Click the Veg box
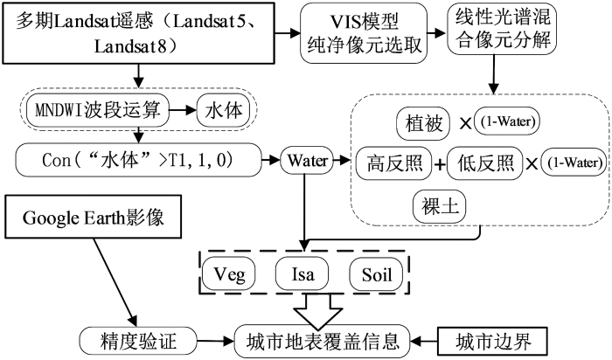(229, 274)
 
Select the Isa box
(303, 274)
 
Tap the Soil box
(376, 274)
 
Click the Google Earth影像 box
(94, 218)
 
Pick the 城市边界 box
(493, 342)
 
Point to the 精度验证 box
(138, 342)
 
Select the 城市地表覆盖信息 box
(323, 342)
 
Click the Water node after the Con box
(307, 160)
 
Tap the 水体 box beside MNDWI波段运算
(223, 110)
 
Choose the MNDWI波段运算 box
(98, 110)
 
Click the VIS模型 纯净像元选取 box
(364, 33)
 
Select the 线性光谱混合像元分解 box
(502, 28)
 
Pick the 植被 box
(423, 123)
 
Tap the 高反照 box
(394, 163)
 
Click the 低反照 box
(484, 163)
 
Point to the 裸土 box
(440, 206)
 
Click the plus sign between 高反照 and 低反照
(440, 164)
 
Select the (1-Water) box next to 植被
(507, 121)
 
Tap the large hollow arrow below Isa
(318, 311)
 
